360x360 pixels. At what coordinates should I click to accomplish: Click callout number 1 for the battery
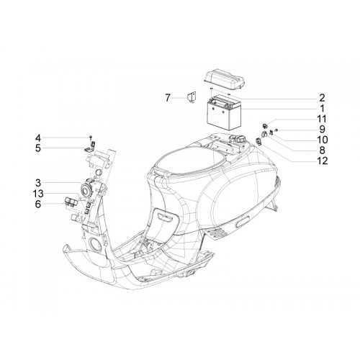tap(323, 109)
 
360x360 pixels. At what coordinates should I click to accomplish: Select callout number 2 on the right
tap(322, 98)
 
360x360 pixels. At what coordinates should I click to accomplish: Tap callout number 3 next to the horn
tap(38, 183)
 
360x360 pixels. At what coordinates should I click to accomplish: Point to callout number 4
tap(38, 138)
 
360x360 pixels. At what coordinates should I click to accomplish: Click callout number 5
tap(38, 148)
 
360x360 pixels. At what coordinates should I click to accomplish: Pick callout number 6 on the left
tap(38, 204)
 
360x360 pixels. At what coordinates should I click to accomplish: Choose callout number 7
tap(168, 98)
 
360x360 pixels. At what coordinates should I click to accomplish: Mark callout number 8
tap(322, 150)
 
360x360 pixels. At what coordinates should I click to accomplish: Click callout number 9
tap(322, 130)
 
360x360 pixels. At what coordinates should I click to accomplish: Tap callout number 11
tap(322, 119)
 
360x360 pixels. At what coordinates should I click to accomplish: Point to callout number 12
tap(322, 161)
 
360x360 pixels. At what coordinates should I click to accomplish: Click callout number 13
tap(38, 194)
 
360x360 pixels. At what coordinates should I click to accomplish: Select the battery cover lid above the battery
tap(224, 78)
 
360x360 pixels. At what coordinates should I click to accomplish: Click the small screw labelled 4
tap(90, 138)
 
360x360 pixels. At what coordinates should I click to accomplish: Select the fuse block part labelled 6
tap(70, 201)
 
